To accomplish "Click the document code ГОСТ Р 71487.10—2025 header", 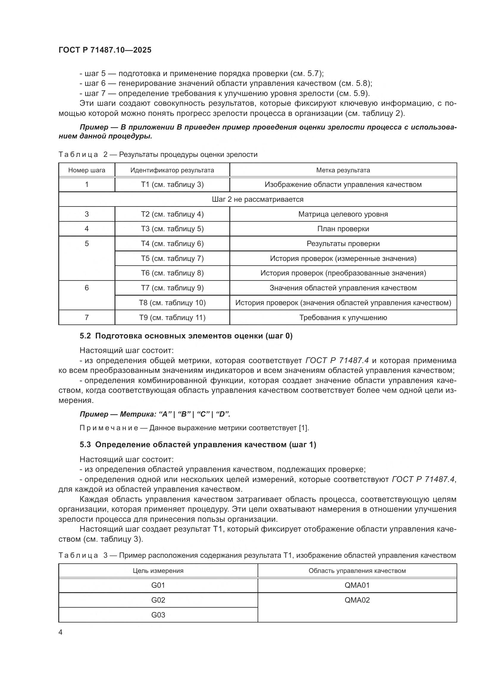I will tap(105, 50).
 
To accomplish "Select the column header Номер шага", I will tap(87, 170).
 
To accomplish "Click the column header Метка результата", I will tap(343, 170).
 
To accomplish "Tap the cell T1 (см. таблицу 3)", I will tap(172, 184).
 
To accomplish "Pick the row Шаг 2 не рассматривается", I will tap(258, 199).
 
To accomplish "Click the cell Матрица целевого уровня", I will tap(343, 214).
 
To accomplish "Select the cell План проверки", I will tap(343, 228).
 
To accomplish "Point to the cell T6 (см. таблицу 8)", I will tap(172, 273).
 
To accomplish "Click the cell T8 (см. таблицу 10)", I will tap(172, 303).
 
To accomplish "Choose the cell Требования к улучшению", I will tap(343, 318).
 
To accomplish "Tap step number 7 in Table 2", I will tap(87, 318).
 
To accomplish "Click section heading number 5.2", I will tap(85, 336).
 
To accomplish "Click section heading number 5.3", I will tap(85, 445).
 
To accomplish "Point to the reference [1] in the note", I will tap(304, 428).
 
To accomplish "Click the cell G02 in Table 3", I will tap(158, 600).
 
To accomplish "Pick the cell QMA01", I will tap(357, 585).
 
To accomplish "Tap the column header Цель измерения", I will tap(158, 571).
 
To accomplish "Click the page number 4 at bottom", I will tap(60, 632).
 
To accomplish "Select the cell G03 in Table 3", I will tap(158, 615).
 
